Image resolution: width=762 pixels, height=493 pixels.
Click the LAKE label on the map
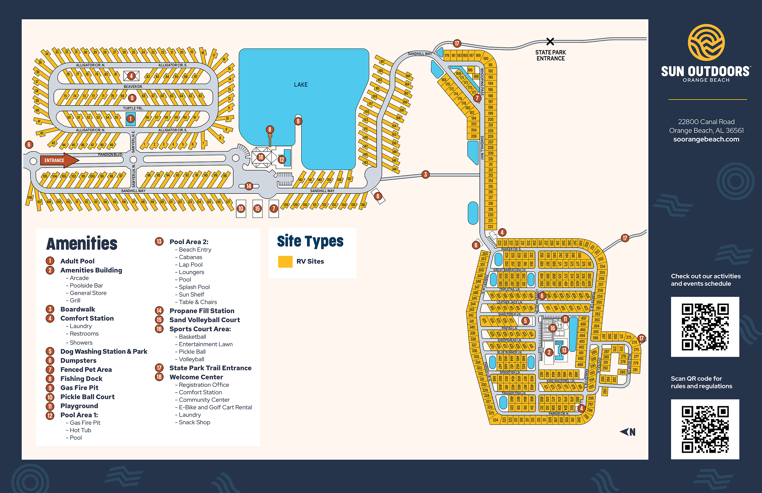pyautogui.click(x=301, y=85)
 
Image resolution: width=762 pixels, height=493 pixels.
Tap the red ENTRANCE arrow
pyautogui.click(x=59, y=160)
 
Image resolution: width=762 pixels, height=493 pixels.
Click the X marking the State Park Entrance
pyautogui.click(x=550, y=41)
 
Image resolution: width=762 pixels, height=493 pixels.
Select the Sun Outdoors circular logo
pyautogui.click(x=706, y=42)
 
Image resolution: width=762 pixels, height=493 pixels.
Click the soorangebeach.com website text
pyautogui.click(x=706, y=139)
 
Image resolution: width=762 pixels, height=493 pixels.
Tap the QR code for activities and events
pyautogui.click(x=705, y=326)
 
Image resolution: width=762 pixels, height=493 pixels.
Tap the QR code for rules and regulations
pyautogui.click(x=705, y=429)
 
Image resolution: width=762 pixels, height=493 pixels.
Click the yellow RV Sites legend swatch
pyautogui.click(x=285, y=261)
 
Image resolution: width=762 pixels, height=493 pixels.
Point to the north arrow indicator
pyautogui.click(x=628, y=432)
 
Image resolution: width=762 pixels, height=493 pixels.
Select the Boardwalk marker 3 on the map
pyautogui.click(x=425, y=174)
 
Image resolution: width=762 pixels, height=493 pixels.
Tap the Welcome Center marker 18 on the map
pyautogui.click(x=261, y=157)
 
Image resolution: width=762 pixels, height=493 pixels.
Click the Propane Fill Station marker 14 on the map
pyautogui.click(x=249, y=186)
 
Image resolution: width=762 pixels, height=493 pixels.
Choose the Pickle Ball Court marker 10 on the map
pyautogui.click(x=241, y=209)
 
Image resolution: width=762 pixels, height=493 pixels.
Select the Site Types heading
pyautogui.click(x=310, y=241)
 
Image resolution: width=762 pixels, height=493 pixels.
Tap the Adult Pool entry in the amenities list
pyautogui.click(x=77, y=261)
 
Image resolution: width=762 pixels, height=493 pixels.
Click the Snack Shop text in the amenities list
pyautogui.click(x=194, y=422)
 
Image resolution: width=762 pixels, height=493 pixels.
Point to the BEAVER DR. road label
pyautogui.click(x=133, y=87)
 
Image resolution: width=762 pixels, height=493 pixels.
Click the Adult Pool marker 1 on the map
pyautogui.click(x=130, y=119)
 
